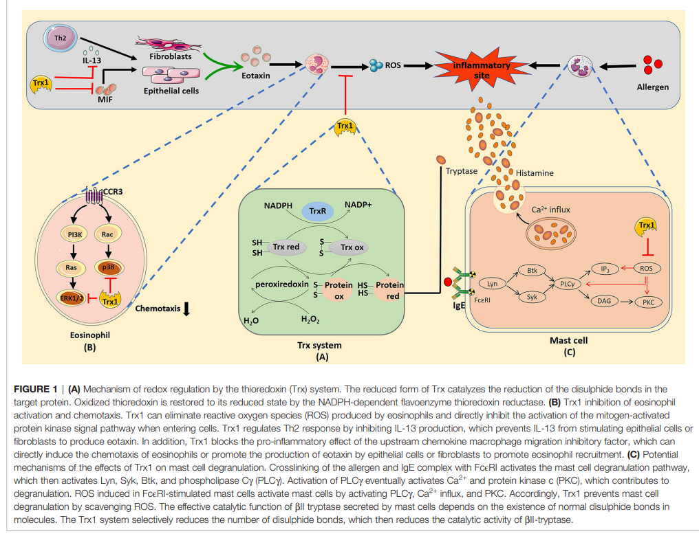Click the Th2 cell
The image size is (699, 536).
(60, 37)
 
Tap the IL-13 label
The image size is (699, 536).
(92, 60)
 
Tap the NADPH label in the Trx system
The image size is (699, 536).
(278, 205)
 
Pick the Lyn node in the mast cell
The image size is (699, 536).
(491, 283)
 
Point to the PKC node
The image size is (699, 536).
(647, 302)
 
